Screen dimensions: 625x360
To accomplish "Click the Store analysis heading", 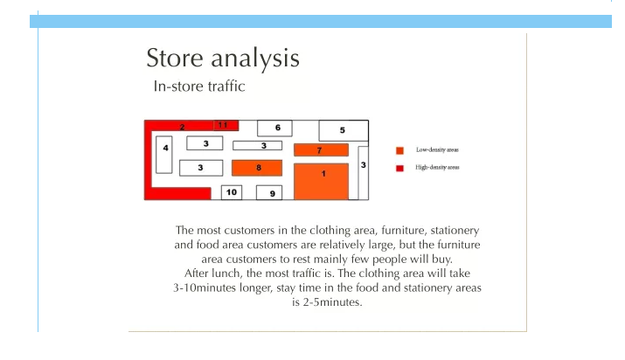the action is pos(223,59).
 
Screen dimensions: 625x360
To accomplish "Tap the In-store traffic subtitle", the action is pos(199,86).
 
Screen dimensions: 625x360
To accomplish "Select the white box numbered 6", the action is pos(274,128).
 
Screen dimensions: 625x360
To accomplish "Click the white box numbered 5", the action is pos(344,130).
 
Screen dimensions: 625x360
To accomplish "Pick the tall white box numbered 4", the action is pos(163,155).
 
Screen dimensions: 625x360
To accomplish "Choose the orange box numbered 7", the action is pos(322,150).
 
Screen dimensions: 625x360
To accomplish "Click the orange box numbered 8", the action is pos(257,168).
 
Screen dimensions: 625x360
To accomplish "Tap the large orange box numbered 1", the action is pos(322,181).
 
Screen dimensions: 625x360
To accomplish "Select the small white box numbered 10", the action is pos(232,192).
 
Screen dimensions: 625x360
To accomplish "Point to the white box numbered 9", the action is pos(269,193).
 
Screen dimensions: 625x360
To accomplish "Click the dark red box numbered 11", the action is pos(226,125).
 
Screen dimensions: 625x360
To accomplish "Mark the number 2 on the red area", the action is pos(182,127).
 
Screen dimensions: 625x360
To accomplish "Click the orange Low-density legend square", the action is pos(399,150).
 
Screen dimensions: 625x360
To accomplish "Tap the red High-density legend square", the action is pos(399,168).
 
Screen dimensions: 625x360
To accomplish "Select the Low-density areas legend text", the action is pos(437,149).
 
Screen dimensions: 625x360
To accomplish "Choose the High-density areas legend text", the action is pos(437,167).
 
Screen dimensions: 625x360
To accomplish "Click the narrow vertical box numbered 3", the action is pos(363,173).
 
